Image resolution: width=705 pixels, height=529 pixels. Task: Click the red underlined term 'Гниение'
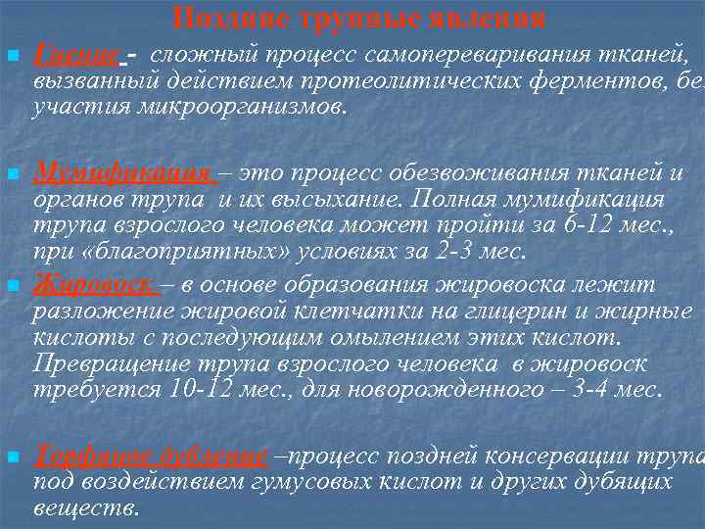[75, 55]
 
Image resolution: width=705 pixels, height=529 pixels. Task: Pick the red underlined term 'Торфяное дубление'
[149, 456]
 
